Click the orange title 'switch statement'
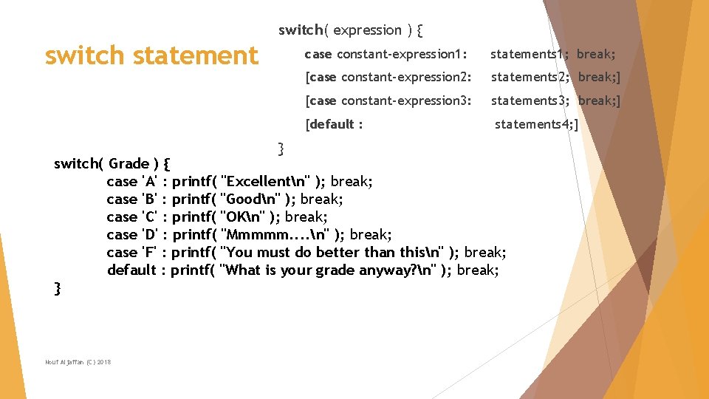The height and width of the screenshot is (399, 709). [x=151, y=55]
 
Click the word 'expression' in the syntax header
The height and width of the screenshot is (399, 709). [x=367, y=30]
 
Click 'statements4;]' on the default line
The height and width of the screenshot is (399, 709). [x=536, y=124]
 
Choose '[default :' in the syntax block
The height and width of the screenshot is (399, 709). [x=334, y=124]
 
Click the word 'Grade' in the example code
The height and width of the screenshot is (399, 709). [x=129, y=163]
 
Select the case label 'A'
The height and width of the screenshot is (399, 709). [x=151, y=181]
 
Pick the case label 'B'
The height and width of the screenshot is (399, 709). [x=151, y=199]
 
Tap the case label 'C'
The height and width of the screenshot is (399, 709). [x=151, y=216]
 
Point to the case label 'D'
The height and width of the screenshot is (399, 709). [x=151, y=234]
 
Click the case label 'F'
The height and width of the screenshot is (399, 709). [x=151, y=252]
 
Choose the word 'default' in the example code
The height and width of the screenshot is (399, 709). [x=131, y=270]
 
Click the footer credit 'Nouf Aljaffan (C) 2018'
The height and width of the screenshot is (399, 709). [x=78, y=361]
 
